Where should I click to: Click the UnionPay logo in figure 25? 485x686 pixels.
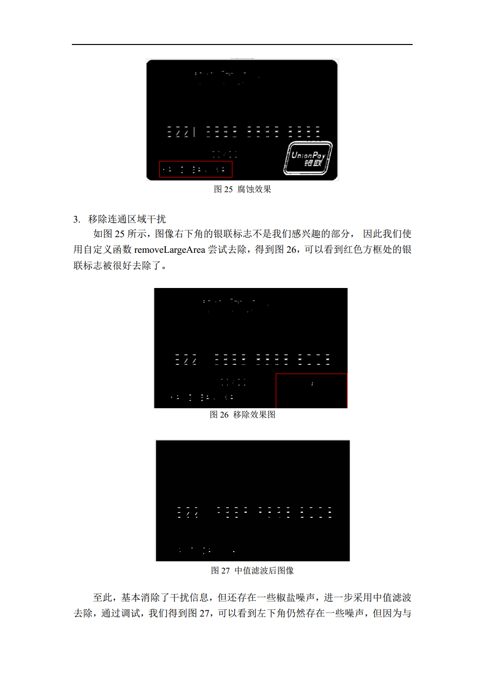[x=309, y=158]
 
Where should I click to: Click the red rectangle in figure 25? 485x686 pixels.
[x=196, y=169]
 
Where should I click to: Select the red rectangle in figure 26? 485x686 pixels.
[x=311, y=391]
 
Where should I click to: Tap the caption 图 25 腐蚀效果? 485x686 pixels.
[x=242, y=189]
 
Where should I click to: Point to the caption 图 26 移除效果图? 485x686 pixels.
[x=242, y=415]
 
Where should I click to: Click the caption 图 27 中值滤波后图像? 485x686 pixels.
[x=252, y=571]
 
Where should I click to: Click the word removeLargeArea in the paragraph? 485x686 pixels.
[x=170, y=250]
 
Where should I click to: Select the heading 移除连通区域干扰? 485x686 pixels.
[x=127, y=219]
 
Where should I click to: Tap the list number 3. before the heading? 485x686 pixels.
[x=77, y=220]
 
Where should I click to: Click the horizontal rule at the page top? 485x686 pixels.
[x=242, y=44]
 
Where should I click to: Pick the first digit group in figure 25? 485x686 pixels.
[x=181, y=132]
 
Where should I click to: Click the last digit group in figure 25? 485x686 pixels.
[x=304, y=132]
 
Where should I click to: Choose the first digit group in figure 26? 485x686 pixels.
[x=186, y=360]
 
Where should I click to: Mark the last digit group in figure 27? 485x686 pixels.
[x=316, y=512]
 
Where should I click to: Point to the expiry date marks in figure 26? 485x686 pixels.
[x=233, y=382]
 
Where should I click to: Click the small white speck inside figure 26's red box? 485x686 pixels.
[x=312, y=384]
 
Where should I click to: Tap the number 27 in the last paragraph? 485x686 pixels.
[x=205, y=613]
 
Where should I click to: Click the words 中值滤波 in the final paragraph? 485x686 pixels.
[x=392, y=597]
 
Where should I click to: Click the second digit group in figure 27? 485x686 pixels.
[x=232, y=512]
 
